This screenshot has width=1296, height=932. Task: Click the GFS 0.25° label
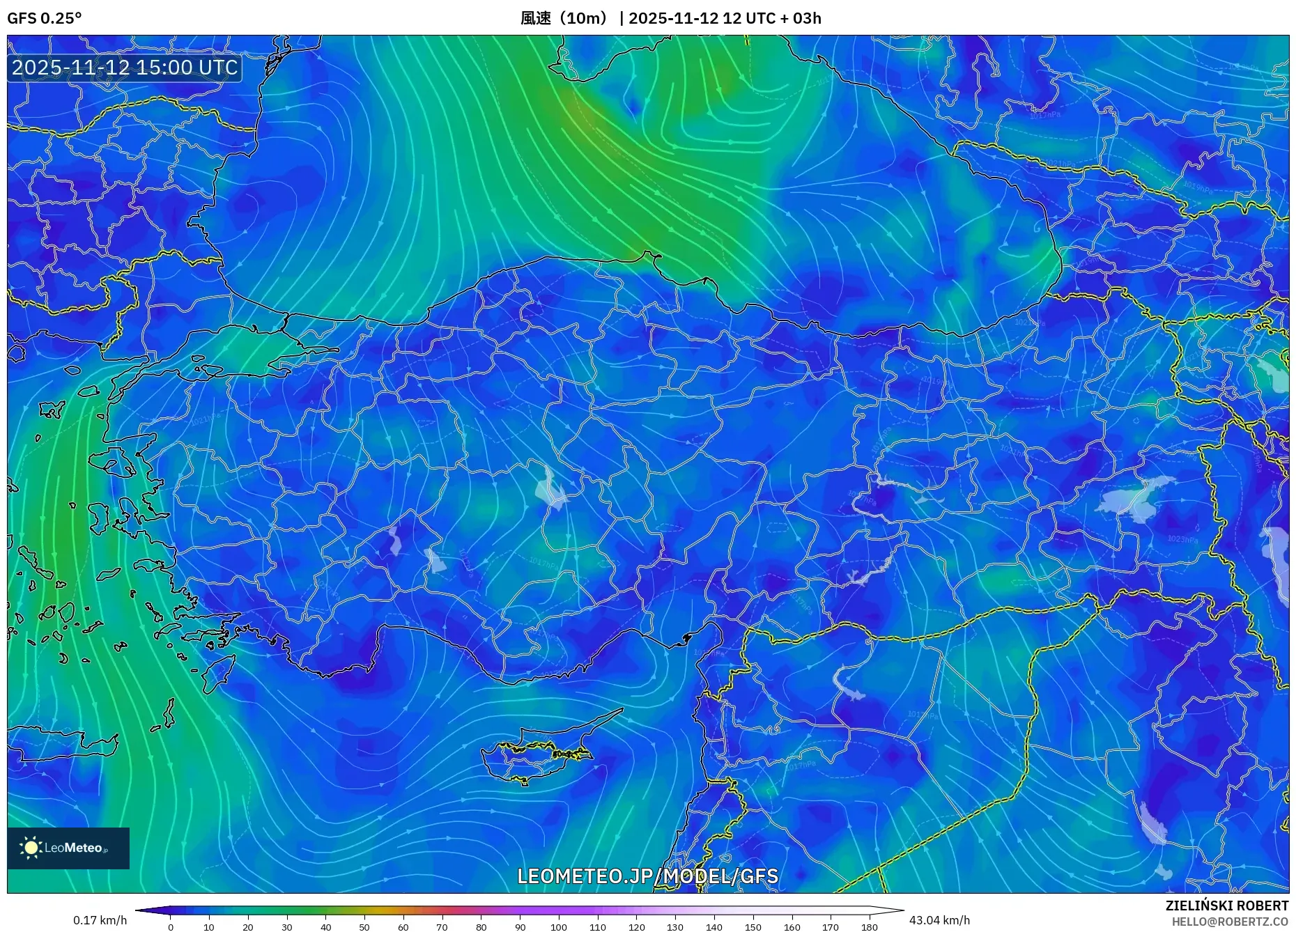pyautogui.click(x=44, y=18)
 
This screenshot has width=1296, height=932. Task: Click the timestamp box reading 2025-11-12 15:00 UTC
pyautogui.click(x=125, y=68)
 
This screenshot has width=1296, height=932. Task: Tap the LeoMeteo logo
pyautogui.click(x=68, y=848)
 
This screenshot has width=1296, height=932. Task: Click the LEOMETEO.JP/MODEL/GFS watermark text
pyautogui.click(x=647, y=876)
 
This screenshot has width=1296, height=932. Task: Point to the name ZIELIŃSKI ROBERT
pyautogui.click(x=1226, y=906)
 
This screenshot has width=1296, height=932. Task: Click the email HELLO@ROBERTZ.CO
pyautogui.click(x=1230, y=922)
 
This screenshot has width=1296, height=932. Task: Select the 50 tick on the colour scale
pyautogui.click(x=364, y=927)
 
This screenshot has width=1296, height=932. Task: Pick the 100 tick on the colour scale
pyautogui.click(x=559, y=927)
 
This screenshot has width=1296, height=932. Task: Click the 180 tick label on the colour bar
pyautogui.click(x=869, y=927)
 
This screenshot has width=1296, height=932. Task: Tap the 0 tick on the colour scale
pyautogui.click(x=171, y=927)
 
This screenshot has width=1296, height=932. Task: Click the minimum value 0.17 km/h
pyautogui.click(x=100, y=920)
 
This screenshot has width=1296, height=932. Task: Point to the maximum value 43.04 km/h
pyautogui.click(x=939, y=920)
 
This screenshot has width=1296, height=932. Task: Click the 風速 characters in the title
pyautogui.click(x=536, y=18)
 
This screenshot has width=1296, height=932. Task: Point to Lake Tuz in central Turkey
pyautogui.click(x=550, y=490)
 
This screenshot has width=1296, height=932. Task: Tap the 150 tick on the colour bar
pyautogui.click(x=753, y=927)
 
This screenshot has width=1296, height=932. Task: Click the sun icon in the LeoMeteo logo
pyautogui.click(x=31, y=848)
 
